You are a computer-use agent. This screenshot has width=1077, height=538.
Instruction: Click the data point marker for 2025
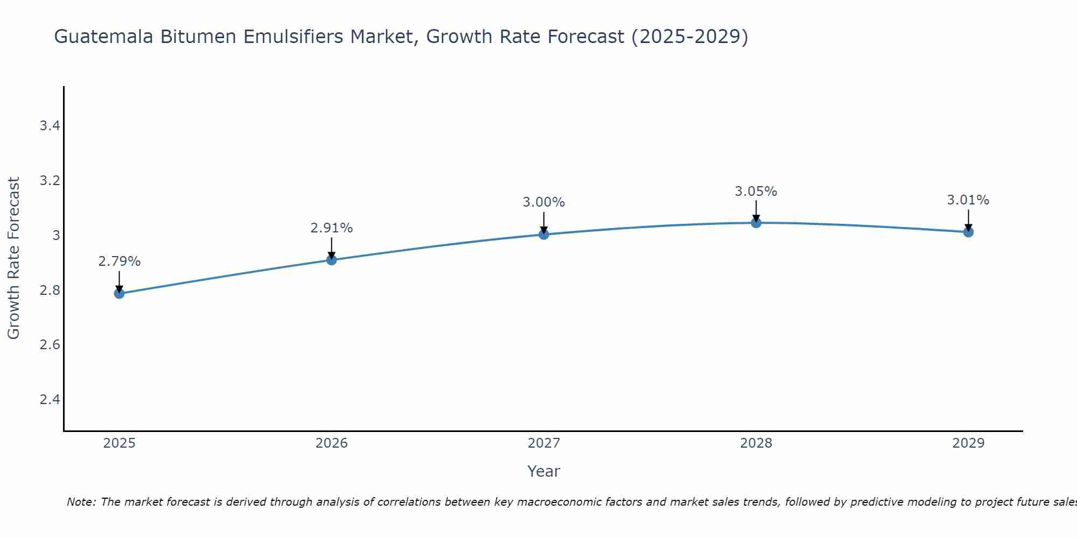pyautogui.click(x=119, y=293)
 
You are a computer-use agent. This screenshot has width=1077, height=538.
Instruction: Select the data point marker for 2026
pyautogui.click(x=331, y=260)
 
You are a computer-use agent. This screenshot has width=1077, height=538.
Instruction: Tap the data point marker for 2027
pyautogui.click(x=543, y=234)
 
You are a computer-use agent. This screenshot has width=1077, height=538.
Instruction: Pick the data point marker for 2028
pyautogui.click(x=756, y=223)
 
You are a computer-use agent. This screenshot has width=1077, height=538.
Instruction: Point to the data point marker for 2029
pyautogui.click(x=968, y=232)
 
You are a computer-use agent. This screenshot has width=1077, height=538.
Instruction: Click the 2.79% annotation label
pyautogui.click(x=119, y=261)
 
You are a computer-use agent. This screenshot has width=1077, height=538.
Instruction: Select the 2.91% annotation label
pyautogui.click(x=331, y=228)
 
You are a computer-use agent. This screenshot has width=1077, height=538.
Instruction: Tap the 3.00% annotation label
pyautogui.click(x=543, y=202)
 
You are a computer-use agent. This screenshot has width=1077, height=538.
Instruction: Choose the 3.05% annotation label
pyautogui.click(x=756, y=191)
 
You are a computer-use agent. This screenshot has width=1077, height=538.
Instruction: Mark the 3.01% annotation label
pyautogui.click(x=968, y=200)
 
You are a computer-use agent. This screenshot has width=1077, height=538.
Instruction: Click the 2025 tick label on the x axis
pyautogui.click(x=119, y=443)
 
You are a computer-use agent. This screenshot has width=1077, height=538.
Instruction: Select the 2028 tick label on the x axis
pyautogui.click(x=756, y=443)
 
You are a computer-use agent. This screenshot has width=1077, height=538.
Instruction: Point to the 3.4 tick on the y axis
pyautogui.click(x=50, y=126)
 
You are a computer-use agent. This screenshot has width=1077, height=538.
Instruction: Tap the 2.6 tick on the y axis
pyautogui.click(x=50, y=345)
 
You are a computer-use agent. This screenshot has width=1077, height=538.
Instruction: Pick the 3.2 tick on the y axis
pyautogui.click(x=50, y=181)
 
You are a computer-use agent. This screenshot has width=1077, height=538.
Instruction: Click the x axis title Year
pyautogui.click(x=543, y=471)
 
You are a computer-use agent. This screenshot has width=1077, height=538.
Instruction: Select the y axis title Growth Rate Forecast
pyautogui.click(x=13, y=258)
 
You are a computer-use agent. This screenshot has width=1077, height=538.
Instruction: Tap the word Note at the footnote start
pyautogui.click(x=80, y=502)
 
